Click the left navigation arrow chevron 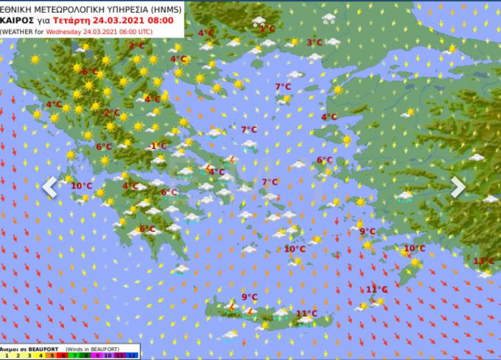coord(50,187)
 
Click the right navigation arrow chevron coord(458,187)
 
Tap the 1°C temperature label coord(267,28)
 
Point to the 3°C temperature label coord(314,42)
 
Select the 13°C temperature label coord(483,261)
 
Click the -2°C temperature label coord(111,113)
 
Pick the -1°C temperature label coord(158,146)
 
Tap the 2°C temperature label coord(136,46)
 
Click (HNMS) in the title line coord(166,9)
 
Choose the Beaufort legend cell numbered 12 coord(132,355)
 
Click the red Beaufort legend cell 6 coord(63,355)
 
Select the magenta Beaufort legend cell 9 coord(97,355)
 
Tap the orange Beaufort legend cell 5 coord(52,355)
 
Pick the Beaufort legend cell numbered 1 coord(7,355)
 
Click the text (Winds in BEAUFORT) coord(92,349)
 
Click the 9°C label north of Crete coord(249,297)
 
